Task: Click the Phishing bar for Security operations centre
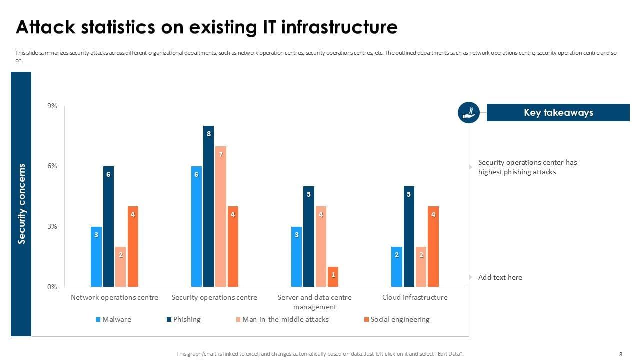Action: (x=208, y=206)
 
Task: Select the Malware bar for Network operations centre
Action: (x=96, y=257)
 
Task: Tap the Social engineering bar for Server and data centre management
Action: (x=333, y=277)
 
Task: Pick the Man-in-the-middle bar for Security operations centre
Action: (x=221, y=216)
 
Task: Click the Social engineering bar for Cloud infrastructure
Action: (x=433, y=246)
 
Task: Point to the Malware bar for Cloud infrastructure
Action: (x=397, y=267)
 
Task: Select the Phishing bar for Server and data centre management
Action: (x=309, y=236)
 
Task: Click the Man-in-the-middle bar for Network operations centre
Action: (x=120, y=267)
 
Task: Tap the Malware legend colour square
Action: (x=98, y=320)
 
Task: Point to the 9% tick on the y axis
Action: (x=52, y=106)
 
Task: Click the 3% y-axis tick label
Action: (x=52, y=226)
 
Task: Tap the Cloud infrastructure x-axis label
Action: (x=415, y=297)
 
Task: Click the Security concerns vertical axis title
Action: (x=21, y=204)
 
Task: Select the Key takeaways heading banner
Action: (x=558, y=112)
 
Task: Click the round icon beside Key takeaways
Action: (x=469, y=112)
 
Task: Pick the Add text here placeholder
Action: (x=500, y=277)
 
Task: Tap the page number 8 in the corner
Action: (x=621, y=354)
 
